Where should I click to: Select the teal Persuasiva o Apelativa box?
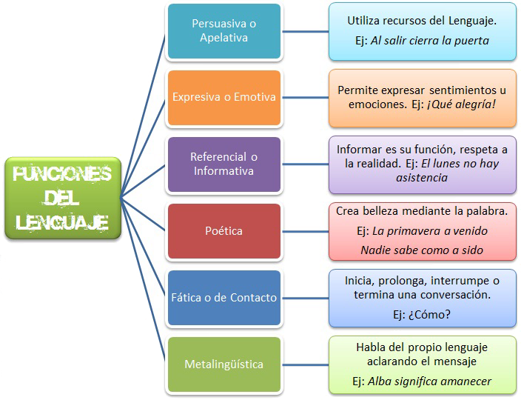tap(224, 31)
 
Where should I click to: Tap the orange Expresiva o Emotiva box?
tap(224, 97)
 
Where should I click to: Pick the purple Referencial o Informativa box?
tap(224, 164)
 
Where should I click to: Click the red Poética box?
tap(224, 230)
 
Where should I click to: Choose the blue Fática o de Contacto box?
tap(224, 298)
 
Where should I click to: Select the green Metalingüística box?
tap(224, 364)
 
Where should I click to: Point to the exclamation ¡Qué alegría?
tap(461, 104)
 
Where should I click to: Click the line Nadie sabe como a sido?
tap(422, 250)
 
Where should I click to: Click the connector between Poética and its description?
tap(305, 230)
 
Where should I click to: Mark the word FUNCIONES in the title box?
tap(62, 174)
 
